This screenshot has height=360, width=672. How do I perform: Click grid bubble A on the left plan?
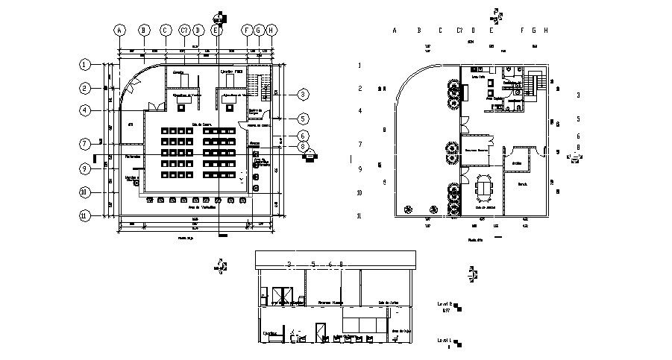(x=119, y=30)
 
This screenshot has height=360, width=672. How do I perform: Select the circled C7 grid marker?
(x=184, y=30)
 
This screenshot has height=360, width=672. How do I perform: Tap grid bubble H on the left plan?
(x=271, y=30)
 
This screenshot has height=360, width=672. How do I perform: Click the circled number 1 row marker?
(x=86, y=65)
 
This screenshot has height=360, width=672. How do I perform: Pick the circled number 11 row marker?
(x=86, y=216)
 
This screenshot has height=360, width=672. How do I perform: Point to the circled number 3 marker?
(x=303, y=95)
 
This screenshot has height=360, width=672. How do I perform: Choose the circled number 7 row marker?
(x=86, y=143)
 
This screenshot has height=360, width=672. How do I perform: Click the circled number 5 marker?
(x=303, y=119)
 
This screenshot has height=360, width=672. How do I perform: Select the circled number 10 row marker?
(x=86, y=192)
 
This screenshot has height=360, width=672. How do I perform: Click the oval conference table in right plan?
(x=486, y=185)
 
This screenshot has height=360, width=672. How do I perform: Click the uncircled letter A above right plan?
(x=394, y=30)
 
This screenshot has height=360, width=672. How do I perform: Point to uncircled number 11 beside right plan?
(x=359, y=216)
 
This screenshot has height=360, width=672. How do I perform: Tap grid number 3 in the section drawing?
(x=289, y=265)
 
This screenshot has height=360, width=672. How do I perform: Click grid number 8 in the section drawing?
(x=341, y=265)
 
